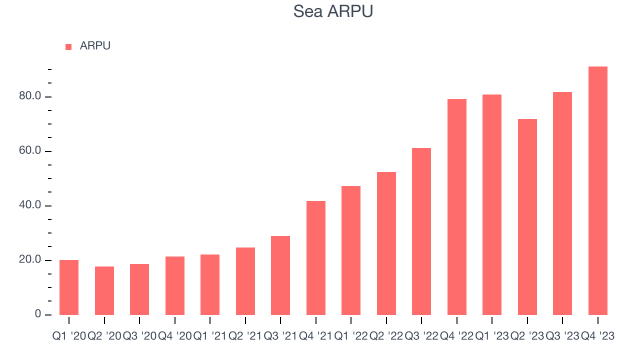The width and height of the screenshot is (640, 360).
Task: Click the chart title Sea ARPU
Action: click(x=332, y=11)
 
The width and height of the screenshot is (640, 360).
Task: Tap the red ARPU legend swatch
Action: click(x=68, y=47)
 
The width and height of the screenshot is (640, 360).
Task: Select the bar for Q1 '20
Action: click(x=69, y=287)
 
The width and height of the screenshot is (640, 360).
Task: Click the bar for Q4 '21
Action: click(x=316, y=258)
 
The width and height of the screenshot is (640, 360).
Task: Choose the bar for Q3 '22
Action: click(x=421, y=231)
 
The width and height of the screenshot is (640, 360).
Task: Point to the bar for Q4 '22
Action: click(x=457, y=207)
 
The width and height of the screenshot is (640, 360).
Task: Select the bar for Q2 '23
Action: click(x=527, y=217)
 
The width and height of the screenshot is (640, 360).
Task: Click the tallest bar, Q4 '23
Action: click(x=598, y=190)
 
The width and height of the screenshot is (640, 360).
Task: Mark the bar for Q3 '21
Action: click(x=280, y=275)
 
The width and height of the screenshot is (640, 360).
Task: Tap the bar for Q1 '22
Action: click(x=351, y=250)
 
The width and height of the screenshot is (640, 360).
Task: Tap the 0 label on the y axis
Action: click(x=38, y=314)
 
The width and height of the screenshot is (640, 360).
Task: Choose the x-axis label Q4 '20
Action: click(x=174, y=336)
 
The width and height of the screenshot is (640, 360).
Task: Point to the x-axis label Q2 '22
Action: click(x=386, y=336)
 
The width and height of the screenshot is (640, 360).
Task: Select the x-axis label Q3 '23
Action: click(x=562, y=336)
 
